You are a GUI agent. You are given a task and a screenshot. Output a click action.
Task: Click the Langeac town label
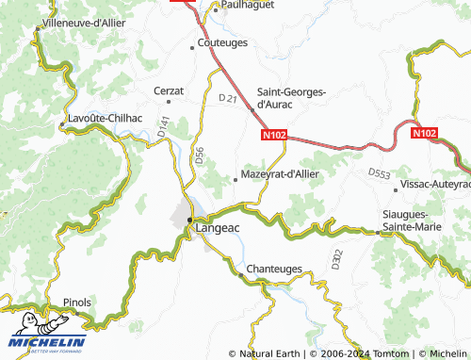tap(219, 227)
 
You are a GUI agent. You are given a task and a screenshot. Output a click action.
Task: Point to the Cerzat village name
tap(168, 90)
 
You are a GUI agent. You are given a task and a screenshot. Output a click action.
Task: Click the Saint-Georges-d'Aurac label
tap(292, 98)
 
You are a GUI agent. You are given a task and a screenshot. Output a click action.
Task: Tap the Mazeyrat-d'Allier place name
tap(281, 174)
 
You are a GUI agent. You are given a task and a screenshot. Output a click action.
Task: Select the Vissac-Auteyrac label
tap(434, 184)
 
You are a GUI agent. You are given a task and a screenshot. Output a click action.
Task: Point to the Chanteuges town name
tap(274, 270)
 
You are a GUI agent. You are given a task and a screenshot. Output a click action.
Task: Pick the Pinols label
tap(76, 303)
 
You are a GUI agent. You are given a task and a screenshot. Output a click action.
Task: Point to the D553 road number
tap(379, 173)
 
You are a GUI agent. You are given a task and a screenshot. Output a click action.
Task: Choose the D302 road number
tap(336, 256)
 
